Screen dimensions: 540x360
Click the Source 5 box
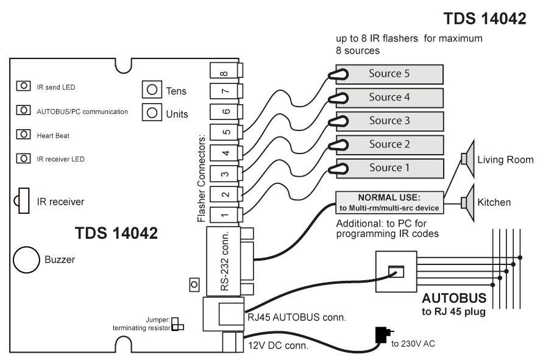coord(389,74)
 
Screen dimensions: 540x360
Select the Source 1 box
coord(389,168)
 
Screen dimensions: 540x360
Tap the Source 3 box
coord(389,121)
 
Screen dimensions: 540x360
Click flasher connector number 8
coord(226,70)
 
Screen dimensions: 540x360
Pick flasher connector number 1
coord(226,215)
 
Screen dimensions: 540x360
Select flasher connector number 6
coord(226,111)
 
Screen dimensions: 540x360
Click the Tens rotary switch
coord(152,90)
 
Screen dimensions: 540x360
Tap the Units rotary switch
coord(152,112)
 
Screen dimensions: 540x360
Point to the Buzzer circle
coord(26,260)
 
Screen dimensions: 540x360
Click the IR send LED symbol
coord(23,86)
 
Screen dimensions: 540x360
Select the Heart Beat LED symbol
coord(23,134)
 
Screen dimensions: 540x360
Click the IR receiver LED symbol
coord(23,158)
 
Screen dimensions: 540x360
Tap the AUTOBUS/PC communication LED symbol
coord(23,110)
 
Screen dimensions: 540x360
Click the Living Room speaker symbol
coord(468,158)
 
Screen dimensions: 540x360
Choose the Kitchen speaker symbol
coord(468,202)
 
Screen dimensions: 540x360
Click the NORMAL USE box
coord(389,203)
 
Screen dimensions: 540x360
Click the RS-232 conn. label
coord(225,261)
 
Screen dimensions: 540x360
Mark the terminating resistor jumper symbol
coord(177,324)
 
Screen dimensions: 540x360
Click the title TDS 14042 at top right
coord(485,19)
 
